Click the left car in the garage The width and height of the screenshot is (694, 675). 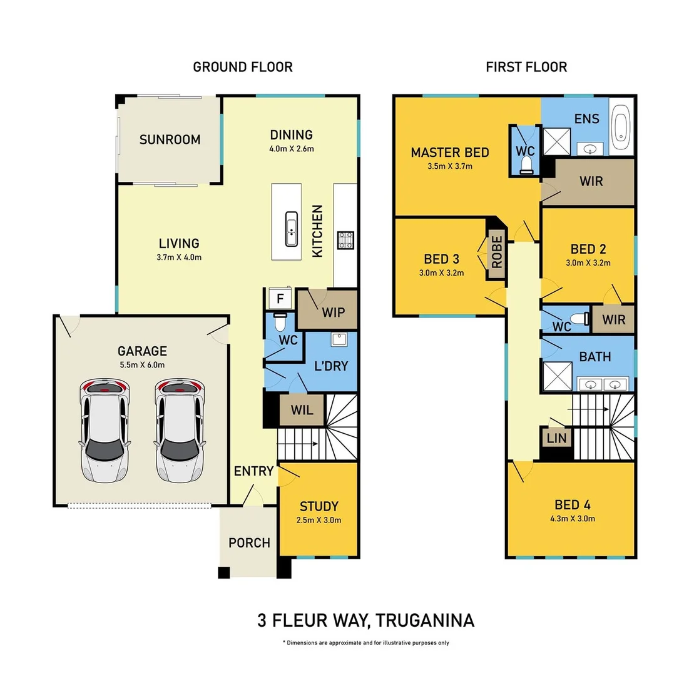tap(104, 431)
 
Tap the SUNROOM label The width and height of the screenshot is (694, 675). tap(170, 139)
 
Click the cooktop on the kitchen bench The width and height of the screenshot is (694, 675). tap(345, 240)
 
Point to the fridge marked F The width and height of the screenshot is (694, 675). tap(280, 299)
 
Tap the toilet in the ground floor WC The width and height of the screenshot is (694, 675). tap(280, 324)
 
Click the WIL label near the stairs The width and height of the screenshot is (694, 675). tap(303, 411)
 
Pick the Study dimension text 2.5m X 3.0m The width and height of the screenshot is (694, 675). tap(319, 520)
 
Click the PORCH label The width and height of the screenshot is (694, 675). tap(249, 542)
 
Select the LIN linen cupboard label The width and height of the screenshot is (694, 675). tap(556, 438)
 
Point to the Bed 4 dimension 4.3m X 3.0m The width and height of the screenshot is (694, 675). tap(572, 519)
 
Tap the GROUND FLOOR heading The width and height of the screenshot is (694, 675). tap(242, 67)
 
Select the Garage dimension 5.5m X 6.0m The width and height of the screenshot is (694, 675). tap(142, 365)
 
